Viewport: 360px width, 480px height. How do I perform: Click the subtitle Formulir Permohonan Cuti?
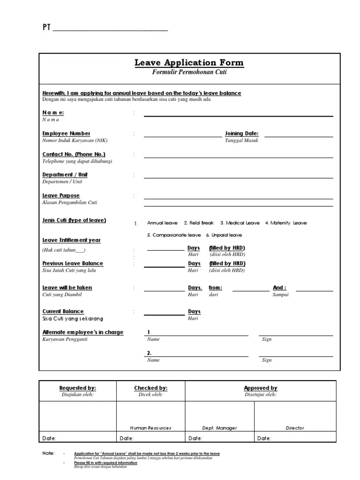click(x=189, y=72)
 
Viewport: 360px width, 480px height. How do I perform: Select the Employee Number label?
click(x=67, y=134)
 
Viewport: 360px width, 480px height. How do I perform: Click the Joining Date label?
click(x=242, y=134)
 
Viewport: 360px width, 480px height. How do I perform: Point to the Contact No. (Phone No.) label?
click(x=74, y=154)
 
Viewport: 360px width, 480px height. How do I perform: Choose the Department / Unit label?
click(x=65, y=175)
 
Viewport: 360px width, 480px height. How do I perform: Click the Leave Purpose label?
click(x=61, y=195)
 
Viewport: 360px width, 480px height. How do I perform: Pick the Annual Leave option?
click(x=162, y=223)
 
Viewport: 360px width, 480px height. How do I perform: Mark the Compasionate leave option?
click(x=174, y=235)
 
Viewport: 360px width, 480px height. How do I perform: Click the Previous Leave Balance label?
click(x=73, y=263)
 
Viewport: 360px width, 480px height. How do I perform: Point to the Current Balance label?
click(x=63, y=311)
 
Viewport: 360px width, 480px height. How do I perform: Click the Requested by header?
click(x=78, y=388)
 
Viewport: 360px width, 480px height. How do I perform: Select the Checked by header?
click(x=150, y=388)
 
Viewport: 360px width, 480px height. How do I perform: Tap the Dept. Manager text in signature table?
click(x=219, y=428)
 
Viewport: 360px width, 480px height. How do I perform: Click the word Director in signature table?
click(x=295, y=428)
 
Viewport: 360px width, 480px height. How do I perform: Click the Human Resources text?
click(x=150, y=428)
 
